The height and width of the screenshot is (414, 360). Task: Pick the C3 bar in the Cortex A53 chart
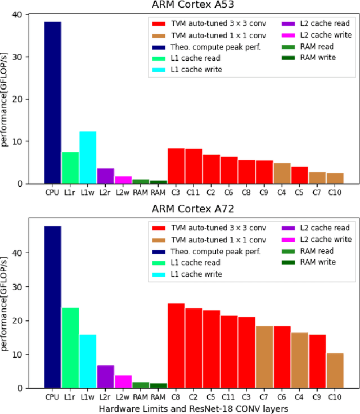tap(176, 166)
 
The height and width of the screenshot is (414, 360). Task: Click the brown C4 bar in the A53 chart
tap(282, 173)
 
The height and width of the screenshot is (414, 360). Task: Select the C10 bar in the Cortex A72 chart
tap(335, 370)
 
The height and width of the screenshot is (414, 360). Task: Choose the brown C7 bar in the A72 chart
tap(264, 357)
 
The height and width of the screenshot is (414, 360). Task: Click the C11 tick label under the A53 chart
tap(194, 192)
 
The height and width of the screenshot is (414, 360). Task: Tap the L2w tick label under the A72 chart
tap(123, 397)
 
